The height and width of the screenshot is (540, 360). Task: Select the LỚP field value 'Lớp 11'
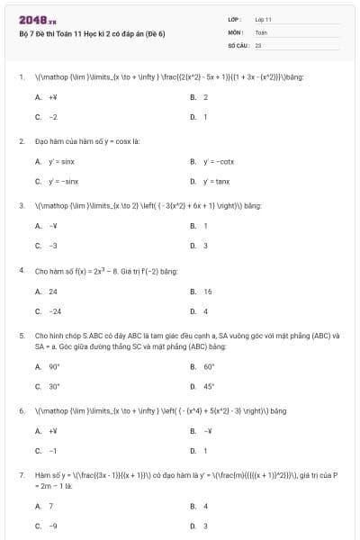[x=264, y=18]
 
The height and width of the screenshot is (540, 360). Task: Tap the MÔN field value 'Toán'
[x=262, y=31]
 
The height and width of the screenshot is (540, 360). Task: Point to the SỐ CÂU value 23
[x=258, y=43]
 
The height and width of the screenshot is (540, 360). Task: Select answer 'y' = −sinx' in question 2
[x=63, y=181]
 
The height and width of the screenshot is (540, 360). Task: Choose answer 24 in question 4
[x=53, y=292]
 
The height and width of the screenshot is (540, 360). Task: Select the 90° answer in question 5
[x=54, y=366]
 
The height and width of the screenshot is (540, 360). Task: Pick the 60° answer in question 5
[x=209, y=366]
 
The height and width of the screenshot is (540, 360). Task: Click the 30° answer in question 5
[x=54, y=386]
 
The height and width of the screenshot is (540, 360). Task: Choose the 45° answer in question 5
[x=209, y=386]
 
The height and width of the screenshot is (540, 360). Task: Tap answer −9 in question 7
[x=53, y=526]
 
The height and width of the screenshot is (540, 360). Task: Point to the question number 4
[x=21, y=270]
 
